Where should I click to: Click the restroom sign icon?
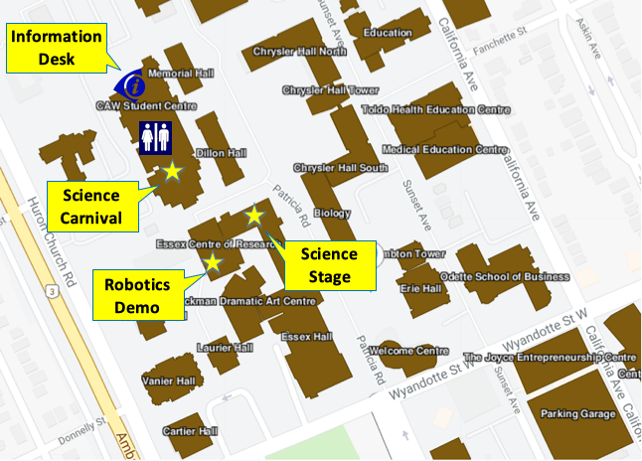(156, 137)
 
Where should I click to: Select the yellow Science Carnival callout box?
(91, 206)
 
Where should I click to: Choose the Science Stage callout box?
(329, 265)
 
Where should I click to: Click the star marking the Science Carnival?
(172, 171)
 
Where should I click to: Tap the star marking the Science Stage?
(254, 215)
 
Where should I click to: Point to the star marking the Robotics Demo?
(212, 262)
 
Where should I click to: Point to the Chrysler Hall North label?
(300, 51)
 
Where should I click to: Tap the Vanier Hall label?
(169, 381)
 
